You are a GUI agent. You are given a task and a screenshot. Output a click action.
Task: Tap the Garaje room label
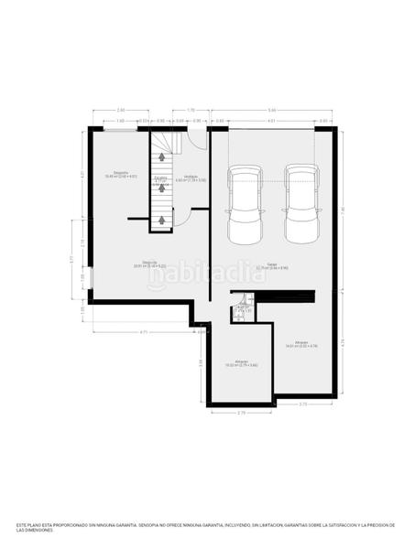(272, 266)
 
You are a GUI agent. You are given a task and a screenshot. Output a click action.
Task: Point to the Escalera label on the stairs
(160, 178)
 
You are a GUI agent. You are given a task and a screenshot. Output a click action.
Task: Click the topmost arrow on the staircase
(161, 157)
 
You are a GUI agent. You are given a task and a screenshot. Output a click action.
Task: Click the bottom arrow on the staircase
(161, 221)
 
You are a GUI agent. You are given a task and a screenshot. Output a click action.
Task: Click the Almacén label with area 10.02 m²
(241, 363)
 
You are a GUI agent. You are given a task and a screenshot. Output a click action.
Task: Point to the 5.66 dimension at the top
(272, 111)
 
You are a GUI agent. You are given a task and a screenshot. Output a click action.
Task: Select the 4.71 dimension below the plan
(145, 331)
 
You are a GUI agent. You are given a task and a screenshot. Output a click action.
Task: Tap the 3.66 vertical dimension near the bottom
(202, 364)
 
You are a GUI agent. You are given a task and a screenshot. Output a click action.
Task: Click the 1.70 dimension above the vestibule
(191, 111)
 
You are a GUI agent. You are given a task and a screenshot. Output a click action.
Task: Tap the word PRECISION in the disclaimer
(376, 525)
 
